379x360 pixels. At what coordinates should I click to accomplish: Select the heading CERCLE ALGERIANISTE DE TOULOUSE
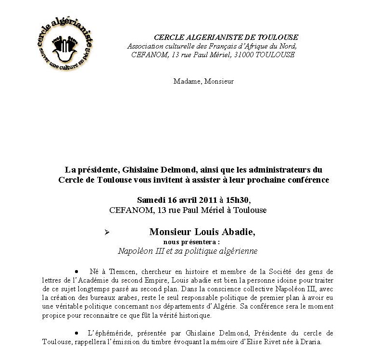[x=226, y=37]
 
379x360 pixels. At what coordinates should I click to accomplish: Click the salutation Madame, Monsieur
[x=203, y=81]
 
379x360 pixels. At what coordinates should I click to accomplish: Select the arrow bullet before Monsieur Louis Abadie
[x=107, y=232]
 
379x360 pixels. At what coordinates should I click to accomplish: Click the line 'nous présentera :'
[x=191, y=242]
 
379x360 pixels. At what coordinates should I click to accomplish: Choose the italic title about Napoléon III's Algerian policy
[x=188, y=251]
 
